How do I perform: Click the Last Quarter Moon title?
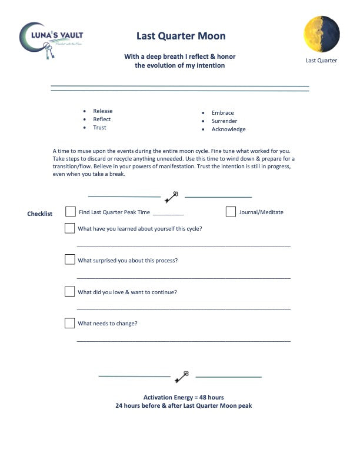pyautogui.click(x=181, y=36)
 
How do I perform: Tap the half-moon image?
pyautogui.click(x=321, y=34)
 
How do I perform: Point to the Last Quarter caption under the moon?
pyautogui.click(x=321, y=60)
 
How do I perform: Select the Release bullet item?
pyautogui.click(x=102, y=111)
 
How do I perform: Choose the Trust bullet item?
pyautogui.click(x=99, y=128)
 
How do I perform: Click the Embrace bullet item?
pyautogui.click(x=222, y=113)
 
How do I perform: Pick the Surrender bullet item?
pyautogui.click(x=224, y=121)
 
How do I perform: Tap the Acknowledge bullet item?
pyautogui.click(x=228, y=129)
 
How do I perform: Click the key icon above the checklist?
pyautogui.click(x=172, y=197)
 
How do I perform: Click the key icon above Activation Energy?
pyautogui.click(x=182, y=375)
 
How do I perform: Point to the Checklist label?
pyautogui.click(x=40, y=214)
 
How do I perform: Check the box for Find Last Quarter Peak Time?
pyautogui.click(x=70, y=212)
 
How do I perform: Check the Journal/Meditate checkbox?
pyautogui.click(x=231, y=212)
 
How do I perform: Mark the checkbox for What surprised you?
pyautogui.click(x=70, y=259)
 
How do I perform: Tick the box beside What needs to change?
pyautogui.click(x=70, y=323)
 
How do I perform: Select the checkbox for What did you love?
pyautogui.click(x=70, y=291)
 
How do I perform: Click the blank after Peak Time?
pyautogui.click(x=168, y=213)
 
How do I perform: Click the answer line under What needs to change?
pyautogui.click(x=184, y=340)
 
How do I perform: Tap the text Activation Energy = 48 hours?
pyautogui.click(x=184, y=398)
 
